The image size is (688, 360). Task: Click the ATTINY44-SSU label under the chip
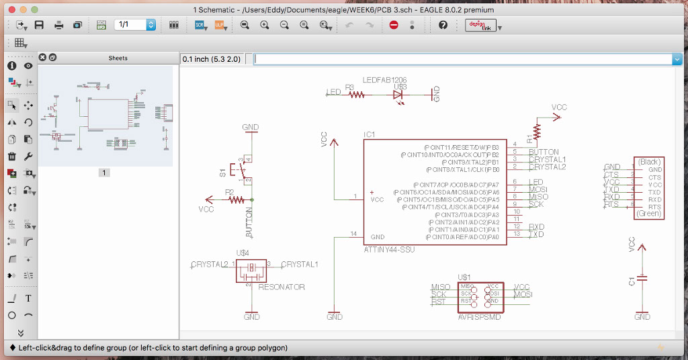click(x=390, y=249)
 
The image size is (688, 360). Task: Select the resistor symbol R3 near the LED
click(x=357, y=95)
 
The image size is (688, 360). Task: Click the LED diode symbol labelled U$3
click(x=399, y=95)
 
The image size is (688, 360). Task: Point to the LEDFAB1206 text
click(x=384, y=80)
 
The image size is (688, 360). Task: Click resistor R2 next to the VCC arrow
click(x=236, y=199)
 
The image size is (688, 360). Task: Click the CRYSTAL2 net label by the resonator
click(x=210, y=264)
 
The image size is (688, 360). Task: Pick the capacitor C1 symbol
click(x=642, y=277)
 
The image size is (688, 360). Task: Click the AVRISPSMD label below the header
click(x=479, y=317)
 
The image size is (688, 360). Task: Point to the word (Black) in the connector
click(x=649, y=162)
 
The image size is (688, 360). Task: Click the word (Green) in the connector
click(x=648, y=214)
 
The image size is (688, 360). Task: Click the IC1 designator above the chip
click(x=370, y=135)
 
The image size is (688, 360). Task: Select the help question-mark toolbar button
click(x=443, y=25)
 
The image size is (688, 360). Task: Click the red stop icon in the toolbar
click(x=394, y=25)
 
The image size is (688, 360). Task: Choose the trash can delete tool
click(x=11, y=156)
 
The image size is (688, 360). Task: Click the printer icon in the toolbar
click(x=58, y=25)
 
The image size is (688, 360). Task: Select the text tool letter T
click(x=28, y=298)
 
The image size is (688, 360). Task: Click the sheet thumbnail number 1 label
click(x=104, y=173)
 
